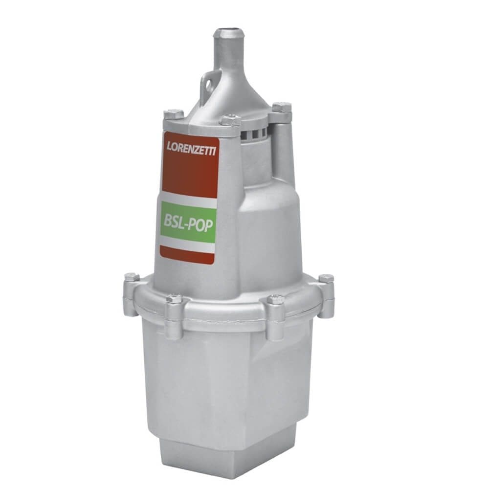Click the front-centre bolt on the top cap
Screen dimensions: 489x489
coord(228,120)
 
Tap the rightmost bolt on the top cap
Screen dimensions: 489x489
coord(282,107)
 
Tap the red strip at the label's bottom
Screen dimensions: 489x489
coord(188,255)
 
